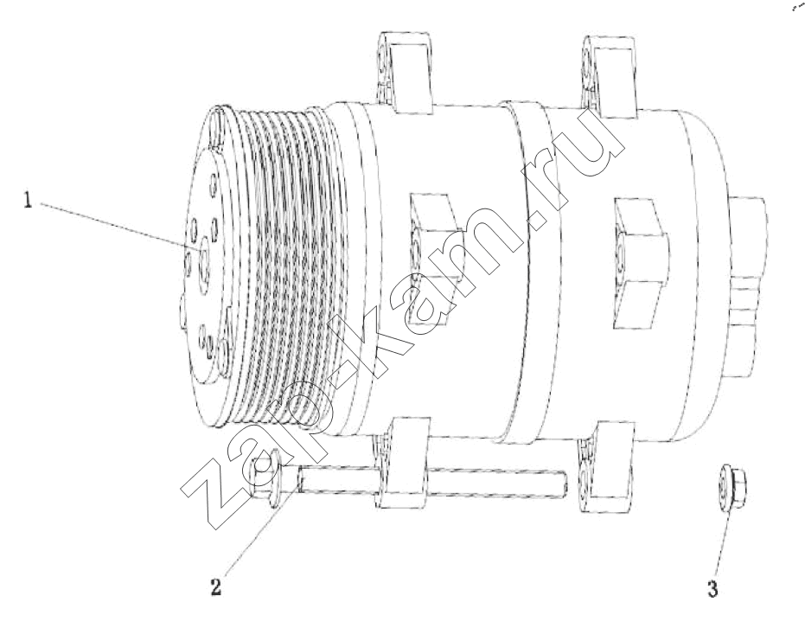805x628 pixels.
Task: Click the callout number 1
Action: click(x=27, y=199)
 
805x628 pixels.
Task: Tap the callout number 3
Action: click(x=712, y=588)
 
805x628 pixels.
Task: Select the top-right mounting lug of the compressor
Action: click(x=611, y=74)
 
